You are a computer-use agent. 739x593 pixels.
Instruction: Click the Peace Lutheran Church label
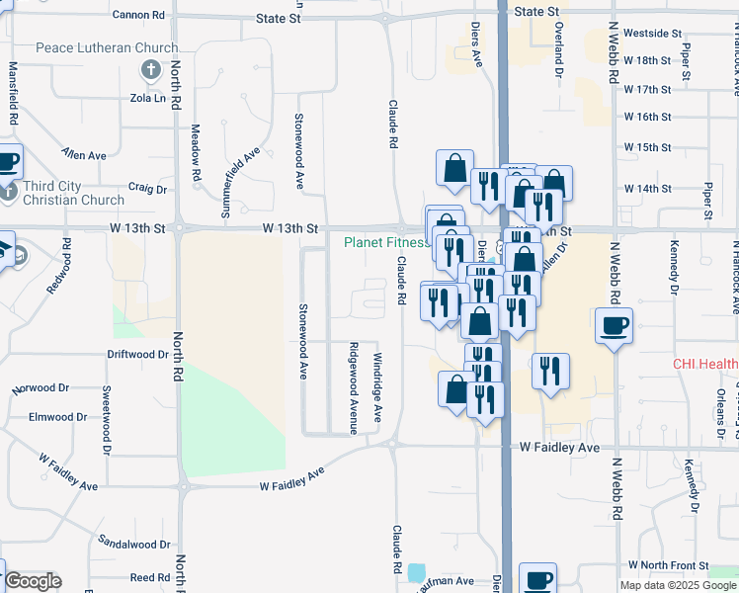(x=107, y=47)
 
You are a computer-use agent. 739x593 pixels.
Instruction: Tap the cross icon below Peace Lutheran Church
(x=150, y=69)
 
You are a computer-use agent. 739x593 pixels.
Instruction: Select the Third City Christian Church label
(x=73, y=193)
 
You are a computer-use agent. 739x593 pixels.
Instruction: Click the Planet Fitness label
(x=386, y=242)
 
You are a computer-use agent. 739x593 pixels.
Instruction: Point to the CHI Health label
(x=705, y=364)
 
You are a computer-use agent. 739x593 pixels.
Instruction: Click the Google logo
(x=33, y=581)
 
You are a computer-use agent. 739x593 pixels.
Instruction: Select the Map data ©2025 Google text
(x=678, y=585)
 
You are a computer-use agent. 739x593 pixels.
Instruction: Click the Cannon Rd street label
(x=138, y=15)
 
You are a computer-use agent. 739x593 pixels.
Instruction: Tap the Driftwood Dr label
(x=137, y=354)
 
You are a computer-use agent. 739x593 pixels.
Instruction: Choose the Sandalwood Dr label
(x=134, y=544)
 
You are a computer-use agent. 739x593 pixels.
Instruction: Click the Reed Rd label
(x=150, y=577)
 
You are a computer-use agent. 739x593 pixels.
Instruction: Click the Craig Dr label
(x=148, y=188)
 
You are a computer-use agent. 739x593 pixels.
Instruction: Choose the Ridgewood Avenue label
(x=352, y=388)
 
